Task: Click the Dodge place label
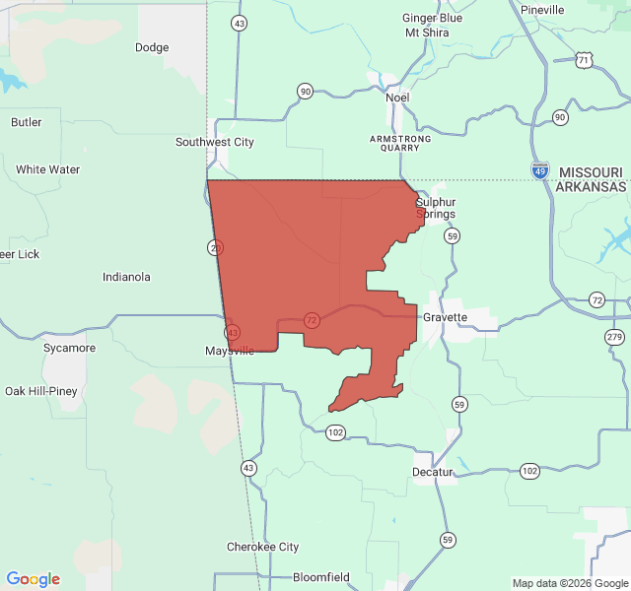(x=152, y=47)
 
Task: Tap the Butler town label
(x=27, y=122)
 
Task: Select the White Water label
(x=47, y=169)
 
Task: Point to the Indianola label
(x=126, y=277)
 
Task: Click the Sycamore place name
(x=69, y=348)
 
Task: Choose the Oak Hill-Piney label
(x=41, y=391)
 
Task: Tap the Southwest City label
(x=215, y=142)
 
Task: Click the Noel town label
(x=397, y=98)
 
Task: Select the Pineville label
(x=542, y=10)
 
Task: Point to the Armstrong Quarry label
(x=400, y=144)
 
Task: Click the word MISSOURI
(x=592, y=171)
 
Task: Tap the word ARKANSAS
(x=592, y=186)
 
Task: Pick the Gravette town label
(x=446, y=318)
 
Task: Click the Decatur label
(x=433, y=472)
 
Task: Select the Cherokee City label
(x=263, y=547)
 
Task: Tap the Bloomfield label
(x=321, y=577)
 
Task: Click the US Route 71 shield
(x=585, y=60)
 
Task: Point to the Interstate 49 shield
(x=539, y=170)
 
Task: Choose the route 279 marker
(x=615, y=337)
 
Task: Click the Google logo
(x=34, y=579)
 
